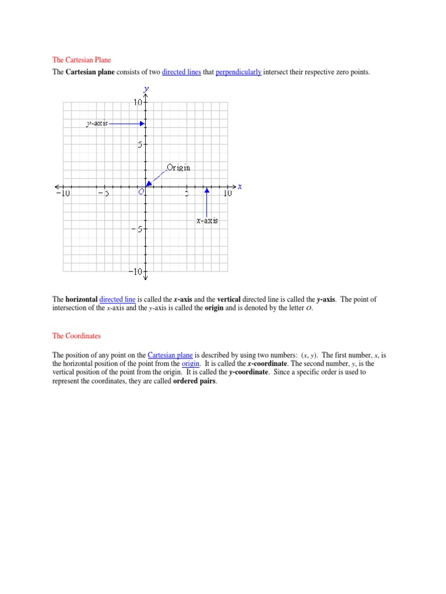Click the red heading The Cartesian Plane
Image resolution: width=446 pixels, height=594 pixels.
coord(81,60)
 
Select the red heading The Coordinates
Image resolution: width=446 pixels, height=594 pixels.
coord(77,336)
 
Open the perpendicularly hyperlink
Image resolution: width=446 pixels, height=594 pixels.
coord(239,73)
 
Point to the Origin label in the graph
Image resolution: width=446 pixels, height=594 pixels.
coord(178,168)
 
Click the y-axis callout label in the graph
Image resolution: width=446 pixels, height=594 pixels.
coord(96,124)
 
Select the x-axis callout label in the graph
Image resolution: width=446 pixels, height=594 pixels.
coord(207,221)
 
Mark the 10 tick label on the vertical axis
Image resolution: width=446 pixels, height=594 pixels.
coord(138,103)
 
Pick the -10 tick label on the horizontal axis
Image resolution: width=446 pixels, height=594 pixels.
coord(63,194)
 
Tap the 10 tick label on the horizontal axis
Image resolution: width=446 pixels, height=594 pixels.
coord(226,194)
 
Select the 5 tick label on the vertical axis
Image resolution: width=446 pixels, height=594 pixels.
coord(140,145)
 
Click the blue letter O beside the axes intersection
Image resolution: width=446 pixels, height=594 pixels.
coord(141,193)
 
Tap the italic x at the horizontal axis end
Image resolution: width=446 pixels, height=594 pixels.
coord(239,186)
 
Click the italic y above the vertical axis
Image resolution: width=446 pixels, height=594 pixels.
coord(146,89)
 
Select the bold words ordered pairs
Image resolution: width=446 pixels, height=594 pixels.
coord(195,381)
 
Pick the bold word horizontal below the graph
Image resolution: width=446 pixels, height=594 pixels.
coord(81,299)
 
